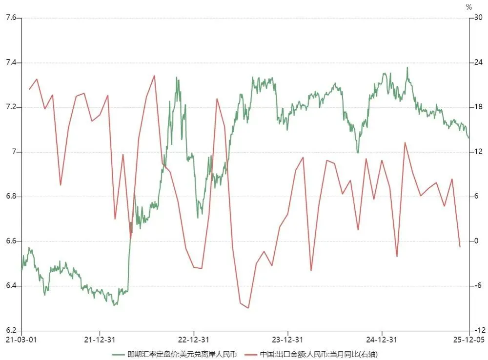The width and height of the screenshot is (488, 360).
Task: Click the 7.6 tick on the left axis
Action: tap(10, 18)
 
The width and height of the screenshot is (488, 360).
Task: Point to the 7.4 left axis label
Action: tap(10, 62)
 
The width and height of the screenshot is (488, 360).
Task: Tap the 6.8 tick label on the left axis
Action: tap(10, 197)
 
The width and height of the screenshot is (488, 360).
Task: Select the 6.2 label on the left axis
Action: tap(10, 330)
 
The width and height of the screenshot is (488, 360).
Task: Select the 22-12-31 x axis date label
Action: tap(193, 340)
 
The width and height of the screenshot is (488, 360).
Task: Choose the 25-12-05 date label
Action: tap(469, 340)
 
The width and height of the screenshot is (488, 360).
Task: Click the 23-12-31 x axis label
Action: tap(287, 340)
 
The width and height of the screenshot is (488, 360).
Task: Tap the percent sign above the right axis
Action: tap(469, 7)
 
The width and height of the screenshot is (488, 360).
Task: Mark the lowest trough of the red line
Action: tap(248, 308)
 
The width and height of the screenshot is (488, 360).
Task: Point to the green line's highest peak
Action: tap(407, 67)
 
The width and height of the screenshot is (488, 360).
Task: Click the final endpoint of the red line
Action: tap(460, 247)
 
